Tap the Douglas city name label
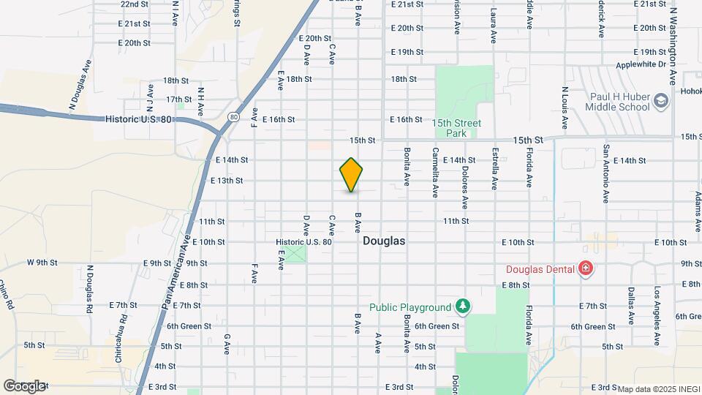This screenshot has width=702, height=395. pos(384,241)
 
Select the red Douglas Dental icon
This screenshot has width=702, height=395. pos(585,269)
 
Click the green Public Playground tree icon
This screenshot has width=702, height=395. pos(461,304)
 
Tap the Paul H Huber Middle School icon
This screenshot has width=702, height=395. pos(661,100)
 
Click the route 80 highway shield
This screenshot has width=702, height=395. pos(233,116)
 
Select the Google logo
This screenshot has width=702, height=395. pos(24,385)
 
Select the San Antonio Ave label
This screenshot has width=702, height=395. pos(606,174)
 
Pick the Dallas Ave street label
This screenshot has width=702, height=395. pos(630,306)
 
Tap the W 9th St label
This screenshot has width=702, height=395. pos(42,262)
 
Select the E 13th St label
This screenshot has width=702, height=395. pos(227,180)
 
